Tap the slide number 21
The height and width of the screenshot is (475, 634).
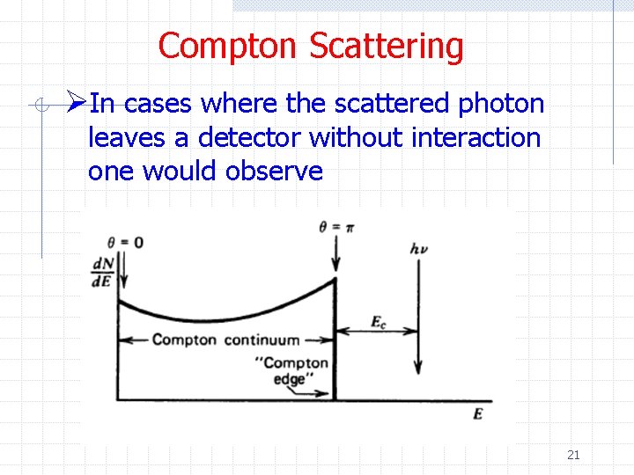(573, 455)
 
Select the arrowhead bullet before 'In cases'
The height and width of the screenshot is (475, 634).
(77, 104)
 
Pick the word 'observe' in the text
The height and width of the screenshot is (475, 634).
(274, 171)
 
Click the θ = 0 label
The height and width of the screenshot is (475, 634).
(124, 242)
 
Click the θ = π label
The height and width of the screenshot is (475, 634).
(337, 227)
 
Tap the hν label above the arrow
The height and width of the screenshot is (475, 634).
(419, 249)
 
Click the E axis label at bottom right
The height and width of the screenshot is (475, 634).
(478, 413)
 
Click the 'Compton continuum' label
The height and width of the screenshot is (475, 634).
(225, 340)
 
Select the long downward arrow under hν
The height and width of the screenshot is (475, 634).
(420, 317)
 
